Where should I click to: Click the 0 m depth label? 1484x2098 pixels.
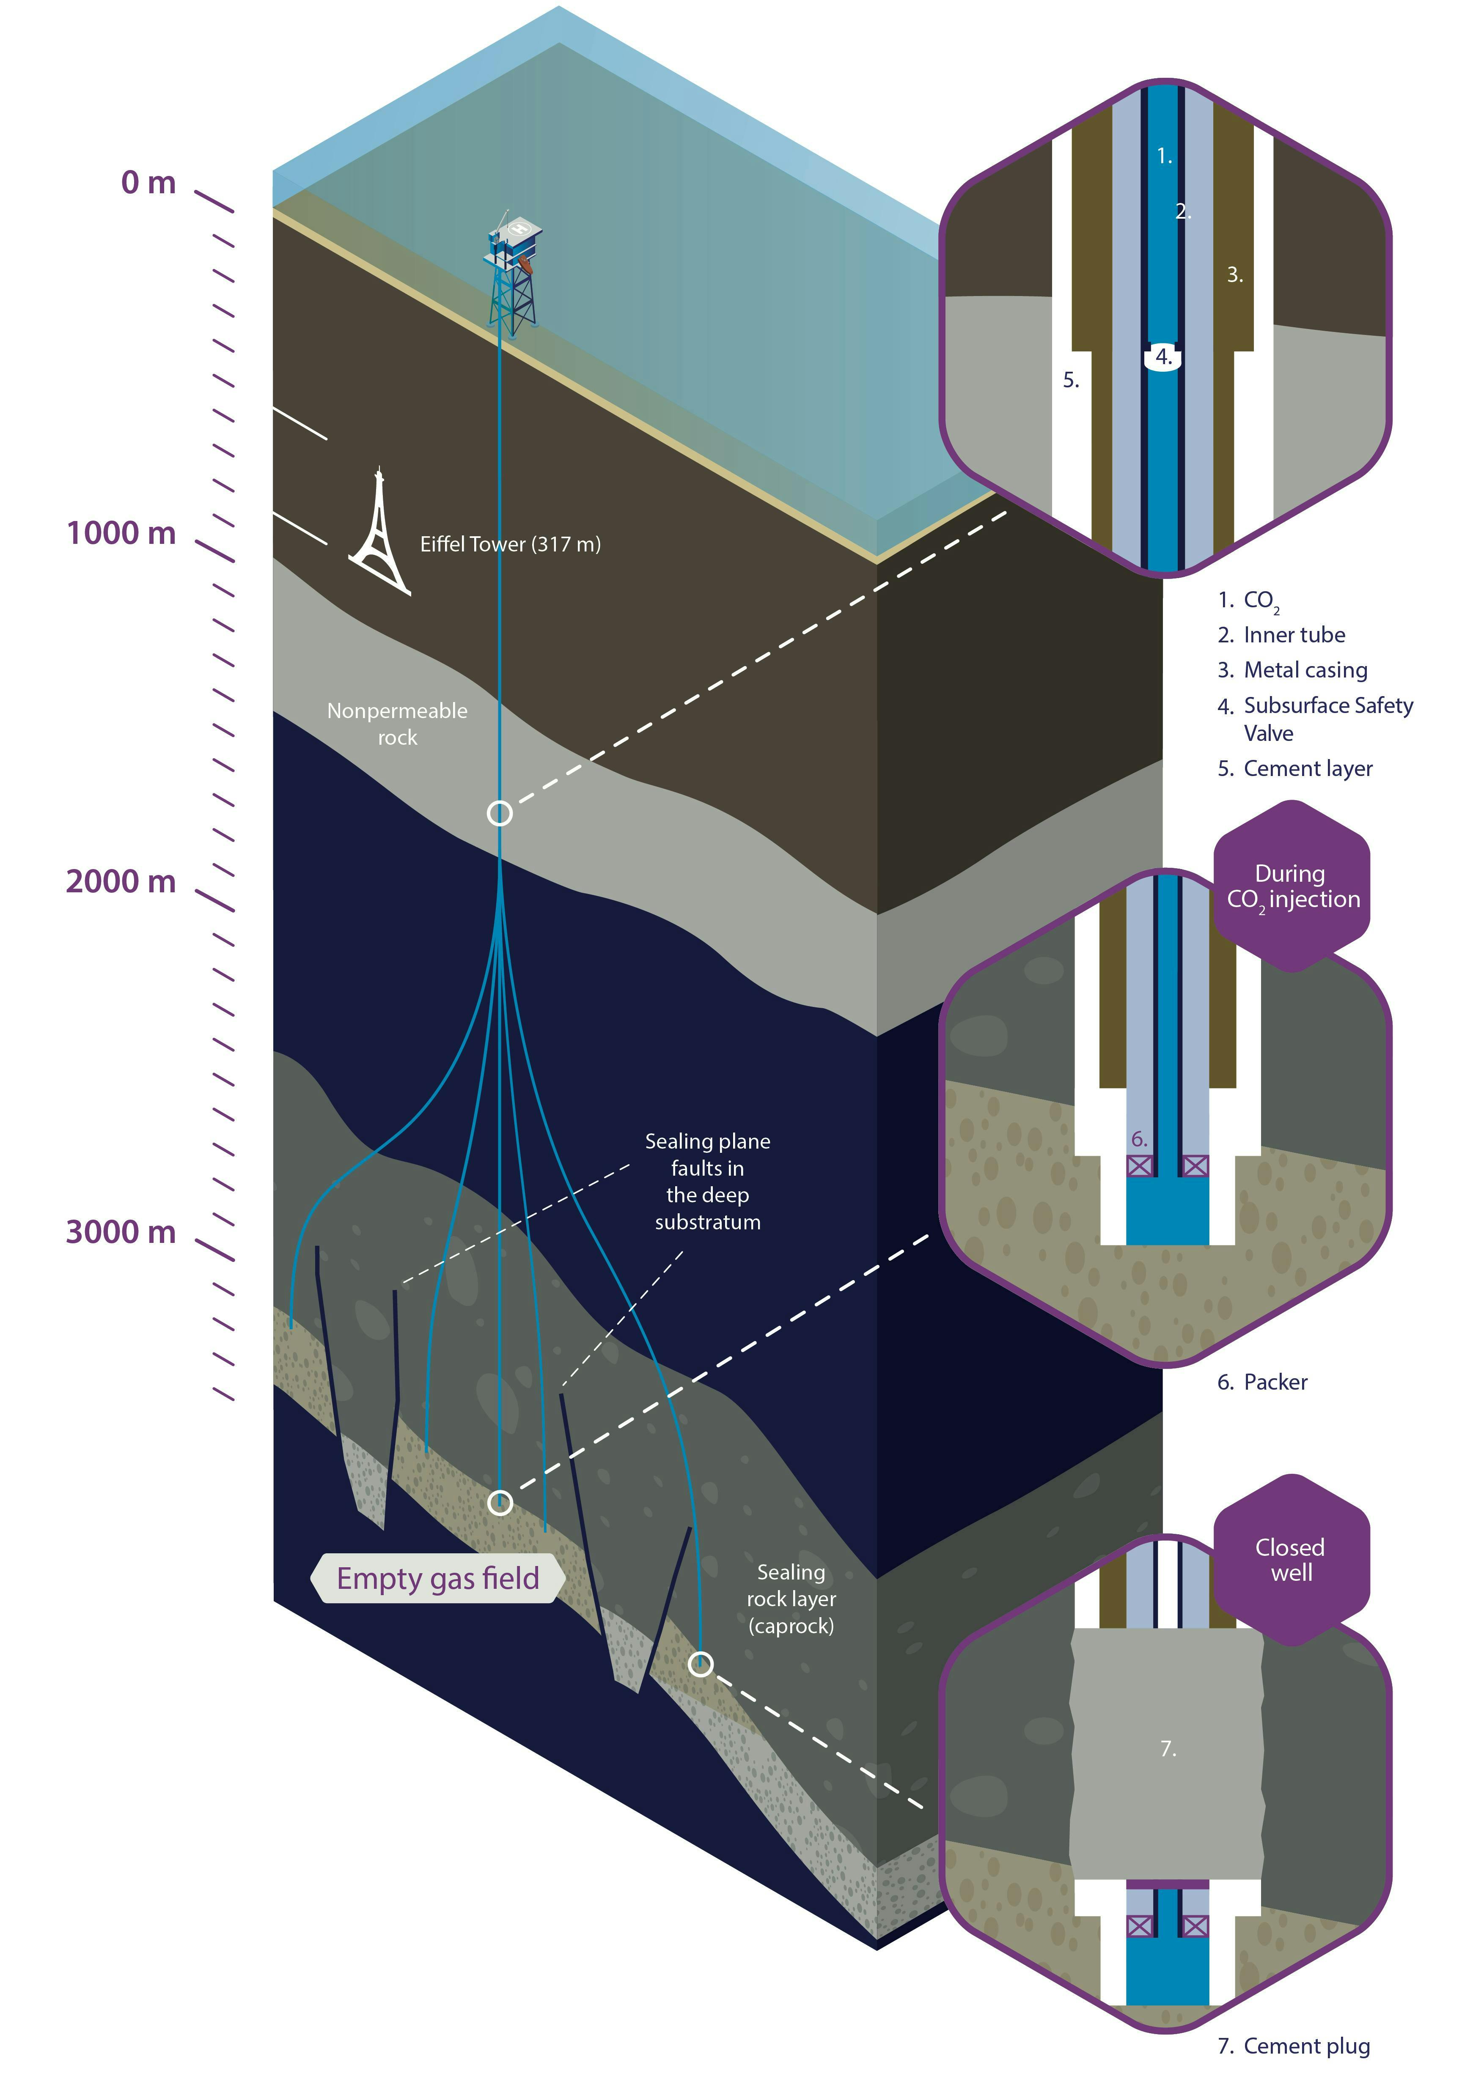pyautogui.click(x=148, y=183)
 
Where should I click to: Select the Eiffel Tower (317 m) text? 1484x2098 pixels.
pyautogui.click(x=510, y=545)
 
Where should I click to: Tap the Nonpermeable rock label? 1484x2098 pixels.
pyautogui.click(x=398, y=724)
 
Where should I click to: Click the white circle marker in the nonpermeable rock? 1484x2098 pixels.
pyautogui.click(x=500, y=813)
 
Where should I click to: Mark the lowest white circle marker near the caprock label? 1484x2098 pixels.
pyautogui.click(x=700, y=1664)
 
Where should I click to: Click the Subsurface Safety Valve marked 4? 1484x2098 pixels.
pyautogui.click(x=1163, y=357)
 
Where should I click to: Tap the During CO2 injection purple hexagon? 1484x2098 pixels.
pyautogui.click(x=1292, y=886)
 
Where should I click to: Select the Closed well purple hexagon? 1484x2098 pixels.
pyautogui.click(x=1292, y=1560)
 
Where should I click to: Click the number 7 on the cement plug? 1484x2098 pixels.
pyautogui.click(x=1168, y=1748)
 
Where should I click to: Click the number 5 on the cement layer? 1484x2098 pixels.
pyautogui.click(x=1071, y=380)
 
